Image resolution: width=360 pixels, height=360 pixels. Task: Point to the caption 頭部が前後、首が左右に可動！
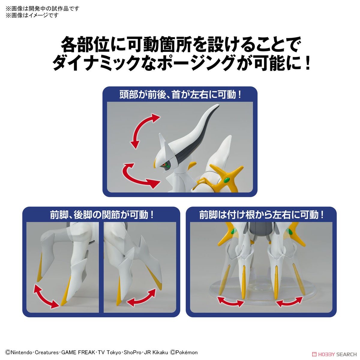[180, 95]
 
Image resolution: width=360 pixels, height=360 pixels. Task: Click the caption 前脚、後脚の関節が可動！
[102, 215]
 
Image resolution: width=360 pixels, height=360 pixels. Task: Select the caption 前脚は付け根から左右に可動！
[261, 215]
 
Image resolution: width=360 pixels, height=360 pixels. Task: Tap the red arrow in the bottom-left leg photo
[46, 296]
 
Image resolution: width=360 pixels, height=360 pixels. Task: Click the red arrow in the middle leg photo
[141, 298]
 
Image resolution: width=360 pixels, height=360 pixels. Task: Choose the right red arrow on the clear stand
[289, 301]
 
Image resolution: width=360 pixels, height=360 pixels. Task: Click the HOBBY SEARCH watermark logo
[334, 354]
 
